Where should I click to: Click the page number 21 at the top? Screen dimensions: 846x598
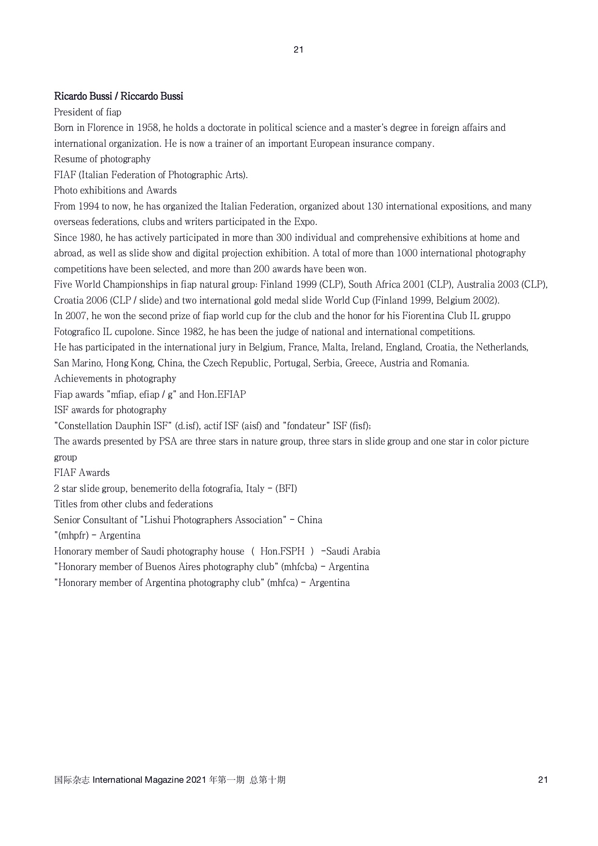(298, 50)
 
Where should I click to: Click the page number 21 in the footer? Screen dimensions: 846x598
(543, 780)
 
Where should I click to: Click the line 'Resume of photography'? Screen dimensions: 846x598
(102, 159)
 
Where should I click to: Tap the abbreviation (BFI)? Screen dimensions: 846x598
(286, 489)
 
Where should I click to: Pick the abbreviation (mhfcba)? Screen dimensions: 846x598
(299, 567)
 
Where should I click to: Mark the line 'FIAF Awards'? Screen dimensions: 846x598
(82, 473)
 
